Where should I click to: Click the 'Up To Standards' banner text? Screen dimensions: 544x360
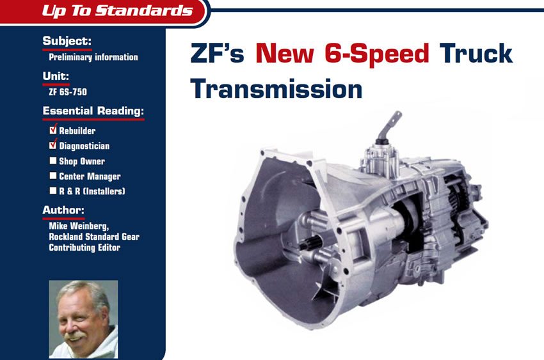[x=117, y=10]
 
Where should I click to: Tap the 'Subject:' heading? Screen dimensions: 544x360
[x=67, y=41]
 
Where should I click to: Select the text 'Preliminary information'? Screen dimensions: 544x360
[x=93, y=57]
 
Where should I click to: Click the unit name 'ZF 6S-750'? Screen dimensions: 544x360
[x=68, y=92]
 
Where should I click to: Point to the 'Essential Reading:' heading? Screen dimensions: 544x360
[x=93, y=111]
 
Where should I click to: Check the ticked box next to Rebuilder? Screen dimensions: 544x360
[x=52, y=130]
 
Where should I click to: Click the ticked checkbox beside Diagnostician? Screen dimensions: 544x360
[x=52, y=145]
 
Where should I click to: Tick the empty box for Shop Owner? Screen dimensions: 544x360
[x=52, y=160]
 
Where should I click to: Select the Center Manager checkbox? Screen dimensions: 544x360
[x=52, y=176]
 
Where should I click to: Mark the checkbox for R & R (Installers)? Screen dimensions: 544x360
[x=52, y=191]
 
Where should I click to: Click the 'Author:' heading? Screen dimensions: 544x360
[x=63, y=210]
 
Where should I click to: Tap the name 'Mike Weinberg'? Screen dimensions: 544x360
[x=79, y=226]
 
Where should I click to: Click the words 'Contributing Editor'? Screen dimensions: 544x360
[x=84, y=247]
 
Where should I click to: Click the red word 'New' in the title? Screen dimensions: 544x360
[x=285, y=53]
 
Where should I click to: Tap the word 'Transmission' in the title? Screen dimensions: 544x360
[x=276, y=89]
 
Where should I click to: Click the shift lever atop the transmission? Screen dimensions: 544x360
[x=389, y=127]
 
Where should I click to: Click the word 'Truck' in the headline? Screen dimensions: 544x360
[x=476, y=53]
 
